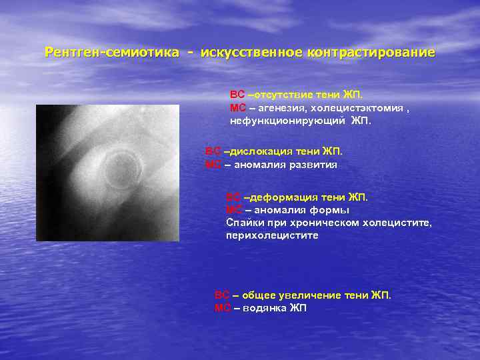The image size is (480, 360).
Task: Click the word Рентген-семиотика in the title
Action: (111, 52)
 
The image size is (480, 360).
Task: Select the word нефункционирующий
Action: (287, 121)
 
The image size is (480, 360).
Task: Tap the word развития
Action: (314, 165)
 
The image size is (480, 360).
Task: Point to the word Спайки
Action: (243, 223)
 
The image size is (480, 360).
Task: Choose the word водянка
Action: (265, 308)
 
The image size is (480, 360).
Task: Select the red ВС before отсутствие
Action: (237, 95)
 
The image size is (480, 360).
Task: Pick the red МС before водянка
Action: (222, 308)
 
